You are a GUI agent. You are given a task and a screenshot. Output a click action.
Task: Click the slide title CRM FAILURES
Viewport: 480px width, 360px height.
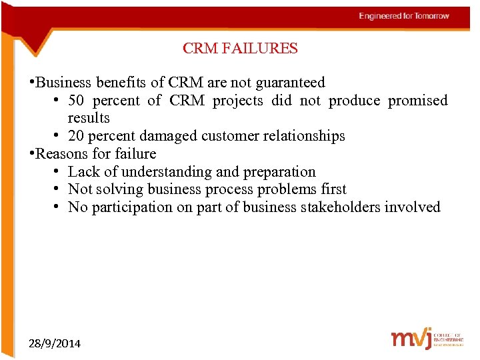240,49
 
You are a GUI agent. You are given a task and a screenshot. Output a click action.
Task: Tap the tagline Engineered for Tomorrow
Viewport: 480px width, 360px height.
404,16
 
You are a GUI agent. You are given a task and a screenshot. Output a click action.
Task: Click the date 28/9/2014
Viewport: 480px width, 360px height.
55,343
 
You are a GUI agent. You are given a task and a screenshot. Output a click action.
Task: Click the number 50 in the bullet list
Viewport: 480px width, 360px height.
76,101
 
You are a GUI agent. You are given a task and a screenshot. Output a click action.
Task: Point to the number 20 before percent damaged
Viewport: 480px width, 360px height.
76,136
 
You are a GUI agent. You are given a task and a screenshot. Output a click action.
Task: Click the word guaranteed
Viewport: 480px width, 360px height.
291,83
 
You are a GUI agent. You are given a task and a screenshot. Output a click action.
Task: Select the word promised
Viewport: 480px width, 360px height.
418,101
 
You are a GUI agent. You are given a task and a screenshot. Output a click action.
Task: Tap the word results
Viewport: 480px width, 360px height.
89,118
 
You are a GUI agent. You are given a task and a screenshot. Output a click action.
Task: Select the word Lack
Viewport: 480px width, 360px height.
83,171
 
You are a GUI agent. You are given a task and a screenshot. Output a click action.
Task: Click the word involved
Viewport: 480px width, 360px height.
413,207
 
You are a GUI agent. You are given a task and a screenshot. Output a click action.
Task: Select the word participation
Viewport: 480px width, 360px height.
131,207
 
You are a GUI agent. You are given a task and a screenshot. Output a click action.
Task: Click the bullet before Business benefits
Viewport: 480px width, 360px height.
31,83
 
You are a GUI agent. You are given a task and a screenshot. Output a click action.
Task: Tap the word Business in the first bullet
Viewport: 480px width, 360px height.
63,83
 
